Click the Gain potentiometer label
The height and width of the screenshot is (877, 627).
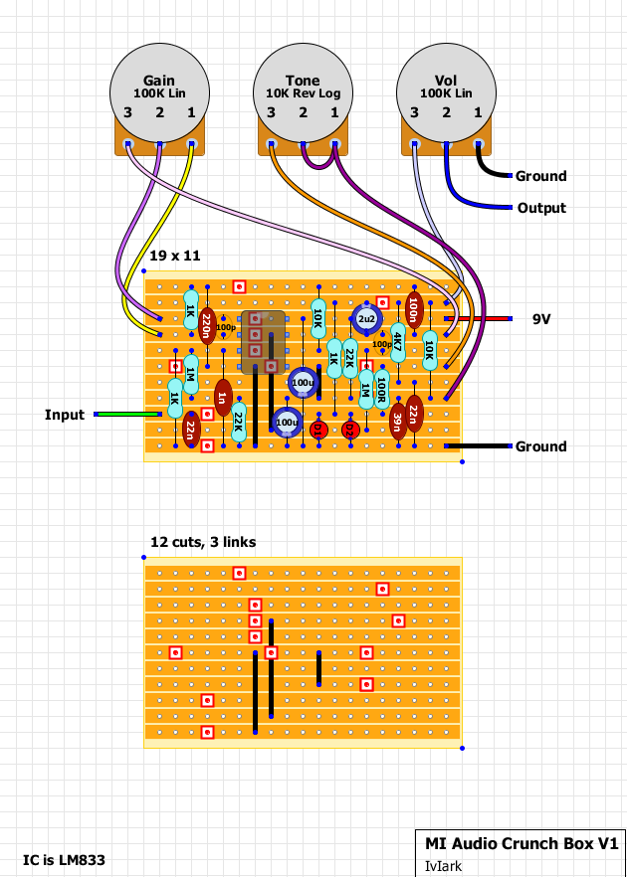pyautogui.click(x=159, y=81)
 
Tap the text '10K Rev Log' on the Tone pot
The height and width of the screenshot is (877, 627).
pyautogui.click(x=303, y=93)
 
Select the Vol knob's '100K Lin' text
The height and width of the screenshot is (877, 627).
pyautogui.click(x=446, y=93)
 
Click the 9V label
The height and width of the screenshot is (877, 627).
pyautogui.click(x=541, y=319)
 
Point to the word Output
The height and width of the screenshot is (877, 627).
pyautogui.click(x=541, y=208)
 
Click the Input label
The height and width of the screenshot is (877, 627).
pyautogui.click(x=65, y=414)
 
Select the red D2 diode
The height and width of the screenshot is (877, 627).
pyautogui.click(x=349, y=430)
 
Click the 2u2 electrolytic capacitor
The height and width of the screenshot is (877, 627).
pyautogui.click(x=366, y=318)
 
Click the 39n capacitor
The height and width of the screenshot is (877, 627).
pyautogui.click(x=397, y=420)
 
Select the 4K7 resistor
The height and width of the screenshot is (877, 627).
pyautogui.click(x=397, y=341)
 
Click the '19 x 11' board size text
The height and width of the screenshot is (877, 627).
pyautogui.click(x=175, y=256)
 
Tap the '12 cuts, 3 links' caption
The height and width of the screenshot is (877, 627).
pyautogui.click(x=203, y=542)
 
